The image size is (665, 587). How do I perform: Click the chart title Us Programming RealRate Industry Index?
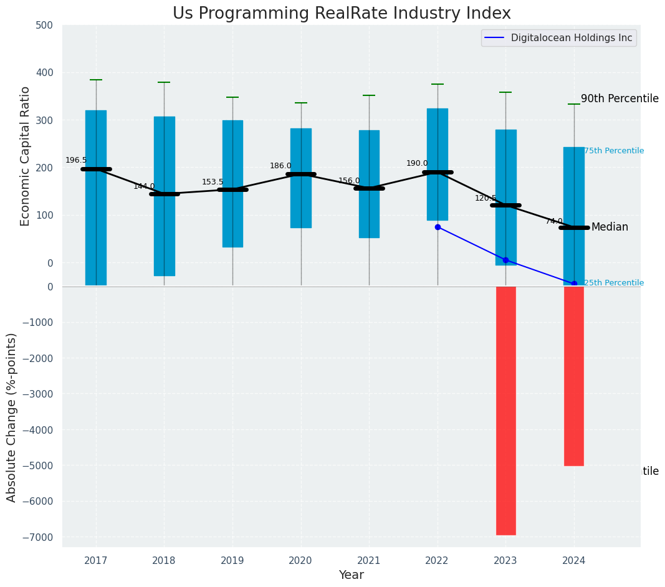point(342,14)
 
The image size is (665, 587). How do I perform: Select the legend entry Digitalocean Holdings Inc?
point(571,38)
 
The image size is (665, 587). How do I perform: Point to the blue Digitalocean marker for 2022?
point(438,227)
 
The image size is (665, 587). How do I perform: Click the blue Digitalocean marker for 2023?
point(505,260)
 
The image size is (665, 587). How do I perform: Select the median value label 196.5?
point(76,160)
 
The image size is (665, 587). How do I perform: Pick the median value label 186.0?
point(280,166)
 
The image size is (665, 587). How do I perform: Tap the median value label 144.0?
point(144,186)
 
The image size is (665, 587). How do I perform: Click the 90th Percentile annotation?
point(620,98)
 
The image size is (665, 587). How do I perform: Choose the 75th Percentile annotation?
point(614,151)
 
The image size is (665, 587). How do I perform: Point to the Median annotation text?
point(610,227)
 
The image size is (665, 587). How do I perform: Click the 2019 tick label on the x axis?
point(232,561)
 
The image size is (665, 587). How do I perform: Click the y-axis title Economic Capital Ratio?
point(26,156)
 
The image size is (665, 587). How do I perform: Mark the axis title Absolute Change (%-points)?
point(12,417)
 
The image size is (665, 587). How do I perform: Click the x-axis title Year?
point(351,575)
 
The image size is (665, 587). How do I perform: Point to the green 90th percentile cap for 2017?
point(96,80)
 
